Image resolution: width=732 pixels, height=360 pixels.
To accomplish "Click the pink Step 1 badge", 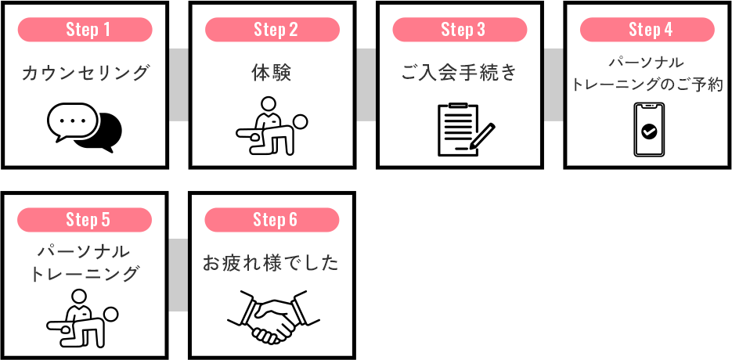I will pyautogui.click(x=85, y=30).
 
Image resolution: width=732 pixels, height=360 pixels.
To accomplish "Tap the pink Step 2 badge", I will pyautogui.click(x=272, y=30).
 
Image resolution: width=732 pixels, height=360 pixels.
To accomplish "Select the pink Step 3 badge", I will pyautogui.click(x=460, y=30).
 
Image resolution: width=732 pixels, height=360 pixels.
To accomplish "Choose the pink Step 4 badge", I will pyautogui.click(x=647, y=30).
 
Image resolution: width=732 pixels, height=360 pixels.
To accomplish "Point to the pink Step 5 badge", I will pyautogui.click(x=85, y=220).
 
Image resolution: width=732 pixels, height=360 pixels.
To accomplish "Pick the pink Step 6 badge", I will pyautogui.click(x=272, y=220).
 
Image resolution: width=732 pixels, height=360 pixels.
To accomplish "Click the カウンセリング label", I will pyautogui.click(x=85, y=74).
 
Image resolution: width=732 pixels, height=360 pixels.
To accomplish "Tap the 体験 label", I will pyautogui.click(x=272, y=74).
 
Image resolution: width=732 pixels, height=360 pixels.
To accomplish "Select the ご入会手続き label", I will pyautogui.click(x=460, y=74).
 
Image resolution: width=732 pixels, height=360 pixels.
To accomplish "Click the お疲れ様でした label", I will pyautogui.click(x=272, y=264).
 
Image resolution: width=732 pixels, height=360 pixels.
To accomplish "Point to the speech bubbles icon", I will pyautogui.click(x=85, y=127).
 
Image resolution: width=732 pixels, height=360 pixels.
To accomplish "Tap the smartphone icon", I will pyautogui.click(x=648, y=130).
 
